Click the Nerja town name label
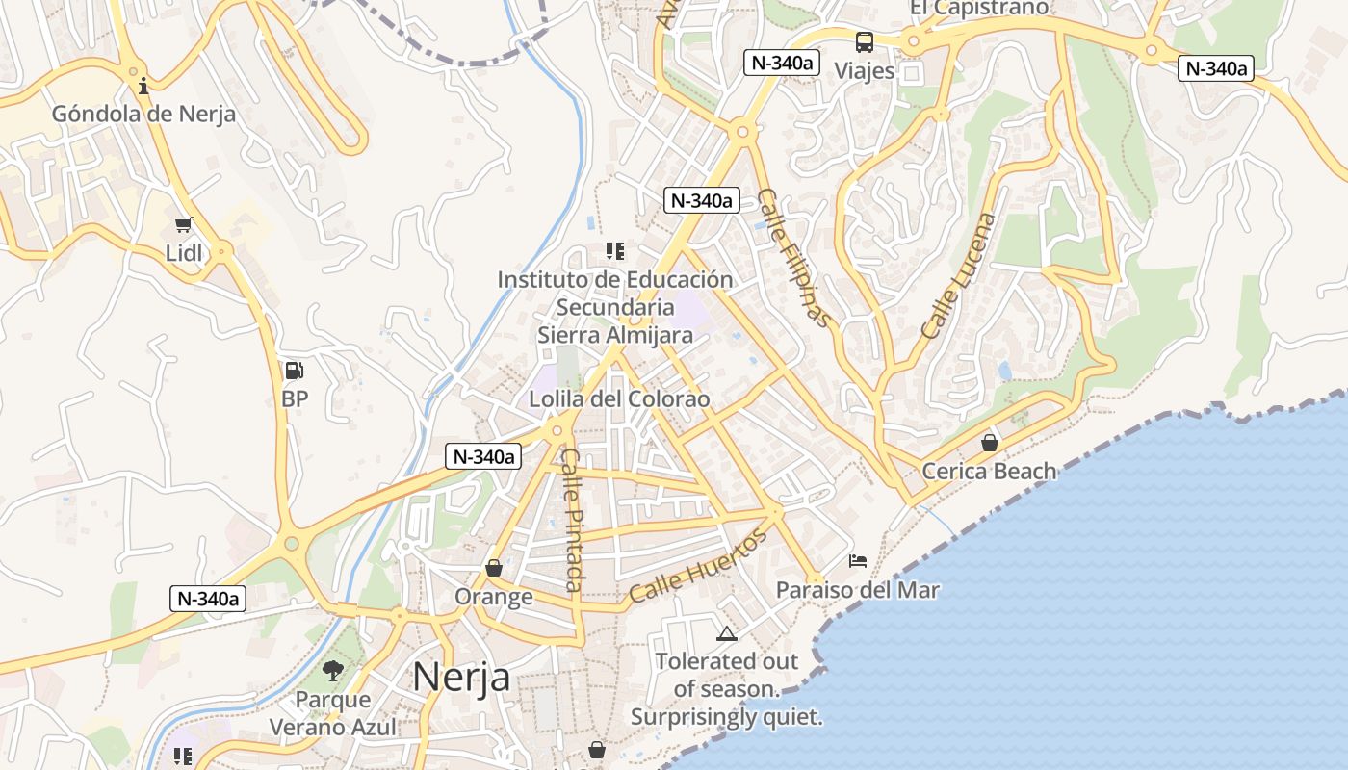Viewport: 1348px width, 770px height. point(461,676)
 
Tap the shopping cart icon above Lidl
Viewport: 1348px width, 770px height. point(184,225)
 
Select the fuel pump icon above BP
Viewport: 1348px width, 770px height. point(295,370)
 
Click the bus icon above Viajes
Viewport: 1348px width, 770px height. point(865,42)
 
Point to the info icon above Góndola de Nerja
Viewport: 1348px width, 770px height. point(143,86)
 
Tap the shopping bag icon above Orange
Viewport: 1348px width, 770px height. point(494,568)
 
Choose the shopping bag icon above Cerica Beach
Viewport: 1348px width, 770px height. point(989,443)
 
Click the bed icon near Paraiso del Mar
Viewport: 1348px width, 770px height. point(857,560)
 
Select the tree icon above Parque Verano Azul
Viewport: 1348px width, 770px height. point(333,670)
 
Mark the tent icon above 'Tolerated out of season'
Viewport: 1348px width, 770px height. point(726,633)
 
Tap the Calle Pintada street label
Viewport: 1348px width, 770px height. point(572,520)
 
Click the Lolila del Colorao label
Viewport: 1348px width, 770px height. point(619,398)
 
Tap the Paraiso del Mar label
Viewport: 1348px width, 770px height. point(857,589)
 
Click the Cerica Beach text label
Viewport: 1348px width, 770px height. point(989,471)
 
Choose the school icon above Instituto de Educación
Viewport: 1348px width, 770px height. point(615,251)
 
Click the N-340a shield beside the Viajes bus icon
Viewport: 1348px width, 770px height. point(781,64)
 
